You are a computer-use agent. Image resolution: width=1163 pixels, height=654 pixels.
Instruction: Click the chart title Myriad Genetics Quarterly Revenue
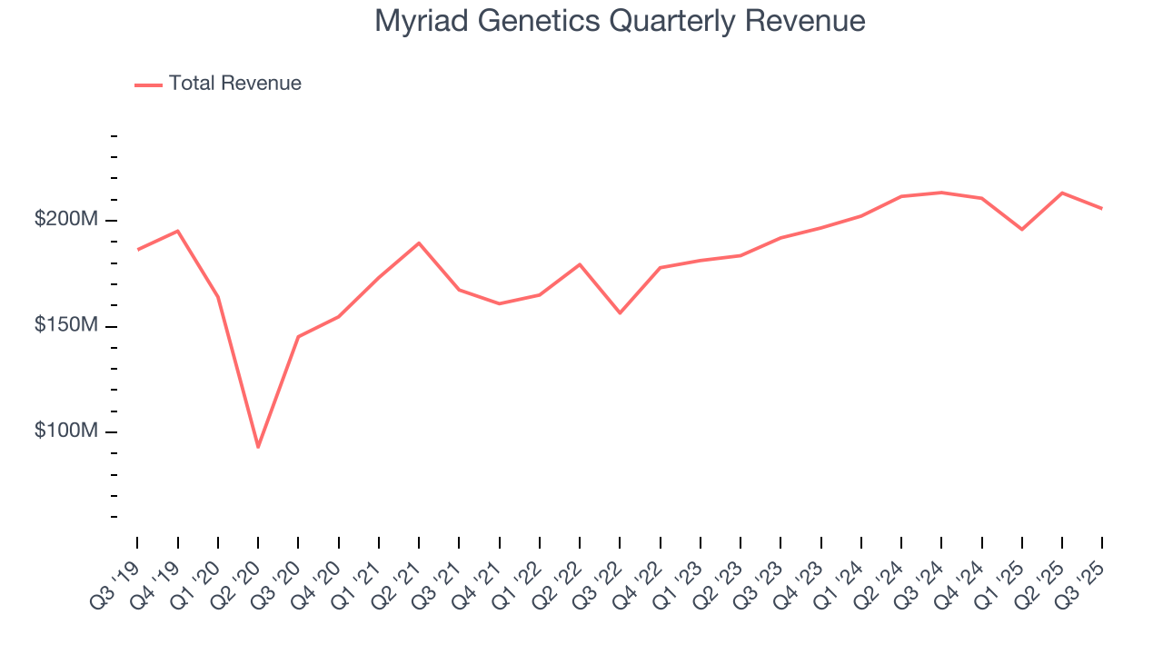pos(620,21)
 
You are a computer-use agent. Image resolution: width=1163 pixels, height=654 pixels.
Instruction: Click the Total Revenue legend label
pos(234,84)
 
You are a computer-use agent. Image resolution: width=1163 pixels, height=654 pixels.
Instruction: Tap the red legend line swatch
pos(148,84)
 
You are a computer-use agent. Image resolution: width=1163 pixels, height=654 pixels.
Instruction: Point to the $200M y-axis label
pos(66,220)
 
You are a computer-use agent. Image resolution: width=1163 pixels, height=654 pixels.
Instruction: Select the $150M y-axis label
pos(66,325)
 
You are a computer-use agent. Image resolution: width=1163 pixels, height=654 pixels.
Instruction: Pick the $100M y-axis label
pos(66,431)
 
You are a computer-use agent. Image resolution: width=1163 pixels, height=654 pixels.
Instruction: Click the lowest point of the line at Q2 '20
pos(258,447)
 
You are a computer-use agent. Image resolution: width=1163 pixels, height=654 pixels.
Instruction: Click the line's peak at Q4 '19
pos(177,231)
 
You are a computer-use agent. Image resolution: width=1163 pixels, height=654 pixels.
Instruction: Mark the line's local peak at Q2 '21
pos(419,243)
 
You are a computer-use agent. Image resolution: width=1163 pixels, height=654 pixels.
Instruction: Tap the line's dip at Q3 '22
pos(620,312)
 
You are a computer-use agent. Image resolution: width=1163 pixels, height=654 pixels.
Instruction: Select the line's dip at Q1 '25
pos(1022,229)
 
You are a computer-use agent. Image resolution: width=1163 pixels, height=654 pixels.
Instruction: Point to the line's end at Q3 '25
pos(1102,209)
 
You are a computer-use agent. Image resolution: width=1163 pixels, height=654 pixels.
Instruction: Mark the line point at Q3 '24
pos(941,193)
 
